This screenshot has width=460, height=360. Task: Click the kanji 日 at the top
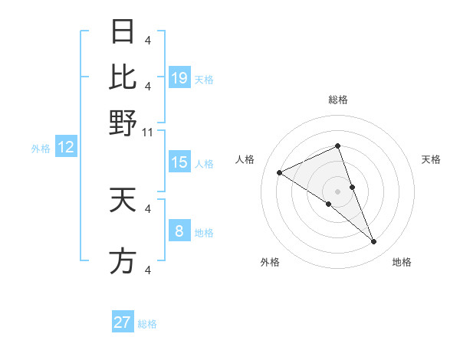point(123,32)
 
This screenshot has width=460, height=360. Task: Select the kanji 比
point(123,77)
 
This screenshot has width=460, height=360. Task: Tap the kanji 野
point(123,122)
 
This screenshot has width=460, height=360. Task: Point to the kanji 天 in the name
point(123,200)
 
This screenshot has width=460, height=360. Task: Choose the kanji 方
point(123,261)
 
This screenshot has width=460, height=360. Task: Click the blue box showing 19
point(179,77)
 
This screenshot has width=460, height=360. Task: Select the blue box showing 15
point(179,162)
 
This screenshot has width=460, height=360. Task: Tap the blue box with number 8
point(179,231)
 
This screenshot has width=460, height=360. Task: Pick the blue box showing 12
point(66,148)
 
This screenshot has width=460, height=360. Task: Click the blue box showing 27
point(123,322)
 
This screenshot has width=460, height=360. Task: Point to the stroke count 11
point(149,132)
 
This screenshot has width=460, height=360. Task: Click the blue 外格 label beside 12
point(41,149)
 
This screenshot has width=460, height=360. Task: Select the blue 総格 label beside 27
point(148,324)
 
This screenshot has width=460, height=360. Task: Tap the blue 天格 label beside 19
point(204,79)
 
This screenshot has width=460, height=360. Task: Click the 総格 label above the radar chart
point(338,100)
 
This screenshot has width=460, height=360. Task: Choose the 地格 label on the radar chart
point(402,262)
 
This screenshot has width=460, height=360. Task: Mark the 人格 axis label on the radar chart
point(245,159)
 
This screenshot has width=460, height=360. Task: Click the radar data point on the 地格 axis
point(374,242)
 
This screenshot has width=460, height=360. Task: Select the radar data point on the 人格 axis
point(279,172)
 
